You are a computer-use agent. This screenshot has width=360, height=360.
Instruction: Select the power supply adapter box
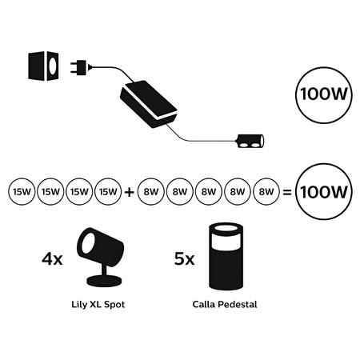point(147,102)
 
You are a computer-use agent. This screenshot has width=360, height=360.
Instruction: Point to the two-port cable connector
point(251,144)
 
